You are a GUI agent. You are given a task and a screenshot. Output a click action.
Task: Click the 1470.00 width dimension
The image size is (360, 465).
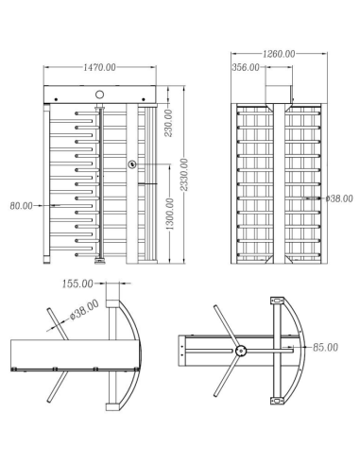click(x=100, y=68)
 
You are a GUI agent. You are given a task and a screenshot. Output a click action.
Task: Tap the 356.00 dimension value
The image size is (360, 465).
click(x=246, y=68)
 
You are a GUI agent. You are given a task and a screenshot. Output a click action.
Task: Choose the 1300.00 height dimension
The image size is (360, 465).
click(x=169, y=216)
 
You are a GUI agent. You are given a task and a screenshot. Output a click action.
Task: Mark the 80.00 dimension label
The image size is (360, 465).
click(x=21, y=205)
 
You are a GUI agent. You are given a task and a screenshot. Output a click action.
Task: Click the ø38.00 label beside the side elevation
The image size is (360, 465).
click(x=337, y=198)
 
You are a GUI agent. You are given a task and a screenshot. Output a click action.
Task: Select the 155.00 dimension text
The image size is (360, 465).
click(x=77, y=283)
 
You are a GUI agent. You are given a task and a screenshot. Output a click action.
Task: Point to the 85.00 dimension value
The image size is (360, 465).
click(x=326, y=348)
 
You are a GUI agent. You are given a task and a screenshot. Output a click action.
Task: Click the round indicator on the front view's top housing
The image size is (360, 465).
click(x=100, y=95)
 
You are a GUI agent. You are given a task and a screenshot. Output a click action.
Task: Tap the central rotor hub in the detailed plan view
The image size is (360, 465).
click(x=241, y=351)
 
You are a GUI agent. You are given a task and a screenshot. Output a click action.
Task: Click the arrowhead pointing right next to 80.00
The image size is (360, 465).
click(x=43, y=205)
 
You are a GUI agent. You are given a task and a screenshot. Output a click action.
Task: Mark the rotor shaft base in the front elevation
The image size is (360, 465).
click(x=99, y=258)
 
